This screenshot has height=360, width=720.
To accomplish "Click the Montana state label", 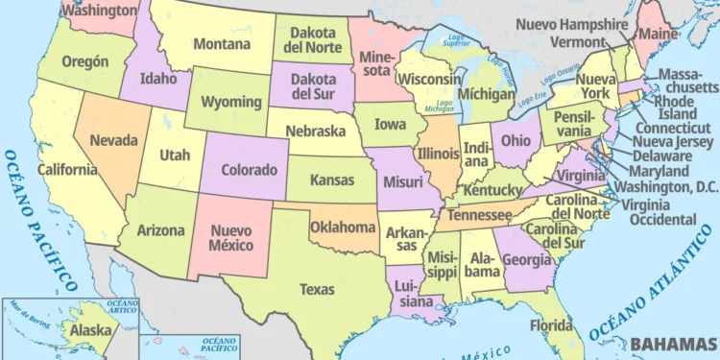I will tap(222, 43).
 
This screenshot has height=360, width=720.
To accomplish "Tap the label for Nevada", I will tap(113, 140).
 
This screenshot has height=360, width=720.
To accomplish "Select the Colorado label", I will tap(249, 169).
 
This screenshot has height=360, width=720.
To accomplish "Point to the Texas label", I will tap(317, 288).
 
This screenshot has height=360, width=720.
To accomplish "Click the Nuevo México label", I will tap(230, 238).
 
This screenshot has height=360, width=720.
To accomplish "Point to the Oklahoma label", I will tap(342, 228).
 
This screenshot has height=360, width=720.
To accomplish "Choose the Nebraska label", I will tap(313, 131).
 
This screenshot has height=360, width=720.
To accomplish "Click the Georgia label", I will tap(527, 258).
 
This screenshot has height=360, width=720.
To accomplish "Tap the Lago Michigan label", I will tap(444, 105).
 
